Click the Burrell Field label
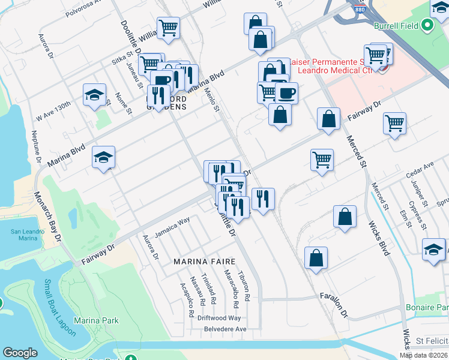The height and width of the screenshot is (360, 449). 396,26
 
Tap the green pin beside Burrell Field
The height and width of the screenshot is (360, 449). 427,26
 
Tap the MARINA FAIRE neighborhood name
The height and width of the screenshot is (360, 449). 202,262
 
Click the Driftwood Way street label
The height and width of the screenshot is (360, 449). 218,318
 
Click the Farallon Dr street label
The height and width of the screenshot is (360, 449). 334,304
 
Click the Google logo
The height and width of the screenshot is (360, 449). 20,352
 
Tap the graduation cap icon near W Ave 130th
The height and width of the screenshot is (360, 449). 94,95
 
